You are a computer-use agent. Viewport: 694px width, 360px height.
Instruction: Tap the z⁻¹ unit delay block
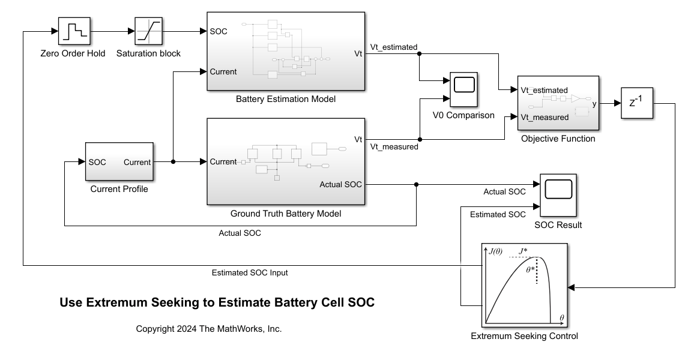636,103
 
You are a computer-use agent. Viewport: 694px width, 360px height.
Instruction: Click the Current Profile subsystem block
119,161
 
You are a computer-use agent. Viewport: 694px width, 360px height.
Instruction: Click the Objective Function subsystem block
558,103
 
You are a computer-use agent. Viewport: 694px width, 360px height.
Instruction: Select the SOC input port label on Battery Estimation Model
219,31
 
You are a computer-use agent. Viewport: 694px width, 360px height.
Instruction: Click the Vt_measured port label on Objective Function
544,117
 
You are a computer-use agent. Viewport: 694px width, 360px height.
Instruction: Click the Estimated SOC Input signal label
250,272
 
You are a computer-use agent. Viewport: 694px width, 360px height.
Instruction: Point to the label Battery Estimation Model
286,99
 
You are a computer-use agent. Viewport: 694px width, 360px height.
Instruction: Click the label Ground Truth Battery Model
286,214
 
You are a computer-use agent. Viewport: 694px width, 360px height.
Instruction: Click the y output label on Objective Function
594,104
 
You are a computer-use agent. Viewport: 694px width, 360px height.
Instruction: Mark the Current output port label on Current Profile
137,162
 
